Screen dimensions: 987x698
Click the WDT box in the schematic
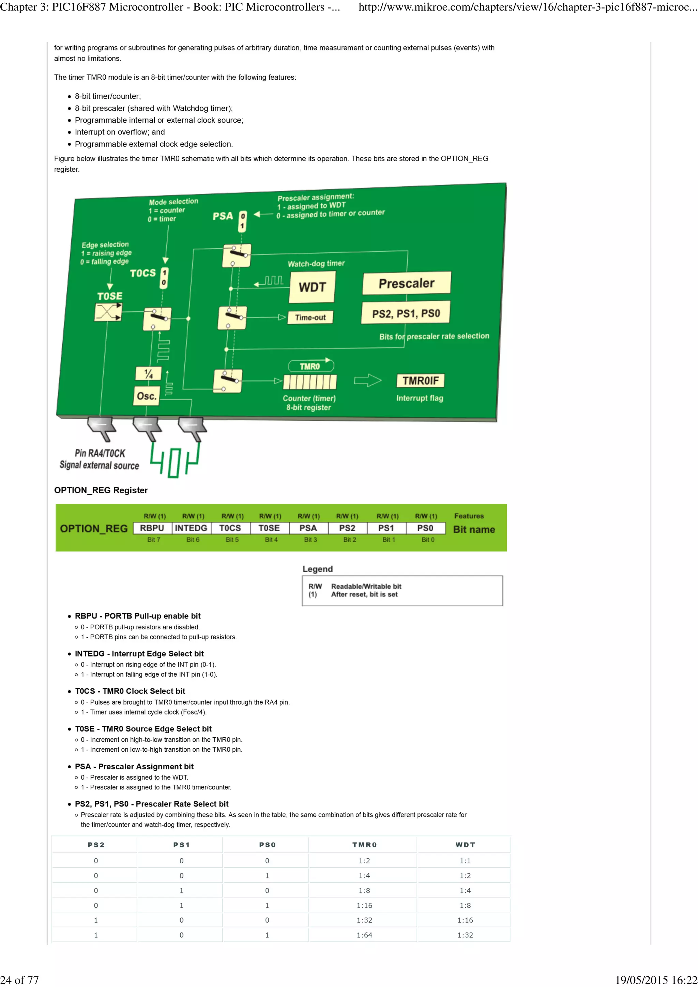click(312, 287)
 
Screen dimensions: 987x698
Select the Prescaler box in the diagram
click(406, 283)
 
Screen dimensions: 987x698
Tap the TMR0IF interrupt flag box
click(420, 381)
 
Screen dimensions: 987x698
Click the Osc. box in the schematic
click(147, 395)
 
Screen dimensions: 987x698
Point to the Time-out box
click(310, 318)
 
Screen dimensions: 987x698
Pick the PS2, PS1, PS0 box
click(406, 313)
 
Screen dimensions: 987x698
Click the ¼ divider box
click(148, 374)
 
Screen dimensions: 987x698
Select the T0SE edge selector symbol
click(108, 312)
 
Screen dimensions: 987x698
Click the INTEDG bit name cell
click(191, 528)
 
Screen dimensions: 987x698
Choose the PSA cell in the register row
click(308, 528)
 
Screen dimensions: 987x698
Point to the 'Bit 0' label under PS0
click(428, 539)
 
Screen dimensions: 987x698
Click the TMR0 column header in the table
click(364, 845)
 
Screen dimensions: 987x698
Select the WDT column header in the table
click(465, 845)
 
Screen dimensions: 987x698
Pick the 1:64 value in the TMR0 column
click(364, 935)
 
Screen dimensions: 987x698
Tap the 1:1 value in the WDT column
click(465, 861)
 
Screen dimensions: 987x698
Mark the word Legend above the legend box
click(317, 569)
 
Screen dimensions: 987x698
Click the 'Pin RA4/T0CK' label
click(100, 453)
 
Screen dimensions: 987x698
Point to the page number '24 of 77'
click(19, 980)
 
